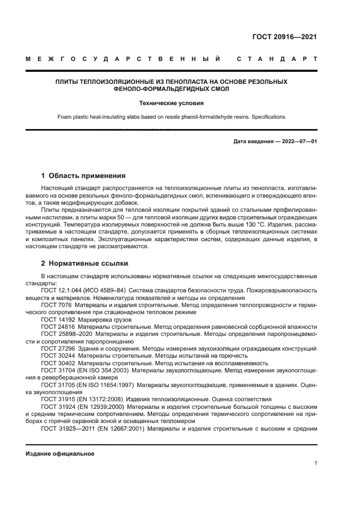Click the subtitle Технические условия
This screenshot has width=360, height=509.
coord(172,103)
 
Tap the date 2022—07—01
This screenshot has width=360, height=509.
coord(298,142)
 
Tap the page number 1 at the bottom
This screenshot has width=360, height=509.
coord(315,463)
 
